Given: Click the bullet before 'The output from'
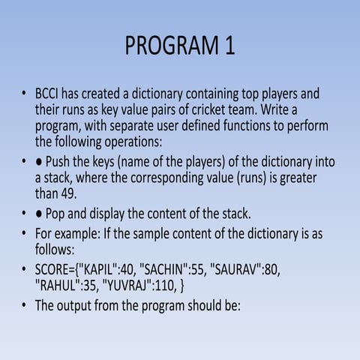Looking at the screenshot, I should [25, 305].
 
